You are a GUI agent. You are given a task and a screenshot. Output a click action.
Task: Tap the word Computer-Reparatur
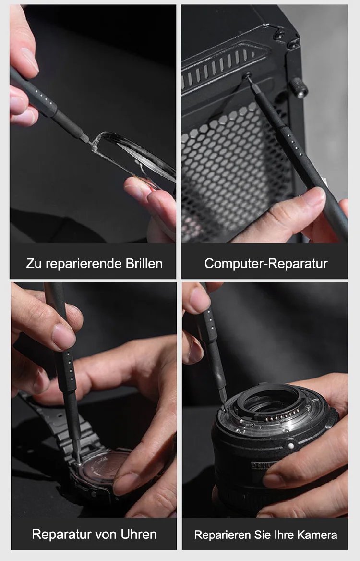coord(265,263)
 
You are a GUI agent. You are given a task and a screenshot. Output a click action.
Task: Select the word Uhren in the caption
coord(139,534)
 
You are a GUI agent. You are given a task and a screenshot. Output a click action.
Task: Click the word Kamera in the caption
coord(317,535)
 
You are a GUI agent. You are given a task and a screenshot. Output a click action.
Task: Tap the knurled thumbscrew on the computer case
coord(299,87)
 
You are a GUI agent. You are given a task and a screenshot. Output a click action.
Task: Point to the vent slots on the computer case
coord(217,66)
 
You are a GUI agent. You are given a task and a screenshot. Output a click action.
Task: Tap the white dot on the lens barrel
coord(291,446)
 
